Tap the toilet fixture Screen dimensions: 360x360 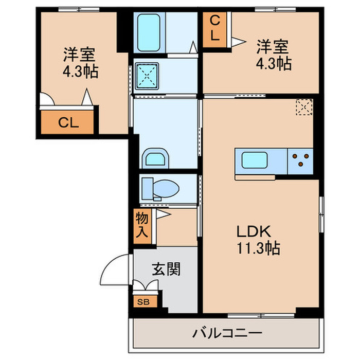pyautogui.click(x=159, y=189)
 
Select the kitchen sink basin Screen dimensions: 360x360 pyautogui.click(x=253, y=161)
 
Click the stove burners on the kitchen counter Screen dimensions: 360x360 pyautogui.click(x=300, y=160)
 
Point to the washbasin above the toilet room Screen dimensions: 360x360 pyautogui.click(x=156, y=158)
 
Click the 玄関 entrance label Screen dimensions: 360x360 pyautogui.click(x=166, y=269)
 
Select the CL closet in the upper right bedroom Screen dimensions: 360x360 pyautogui.click(x=215, y=29)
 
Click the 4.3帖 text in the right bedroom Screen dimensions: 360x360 pyautogui.click(x=273, y=64)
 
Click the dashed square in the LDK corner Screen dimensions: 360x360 pyautogui.click(x=304, y=107)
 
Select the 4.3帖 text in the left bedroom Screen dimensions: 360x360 pyautogui.click(x=80, y=70)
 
